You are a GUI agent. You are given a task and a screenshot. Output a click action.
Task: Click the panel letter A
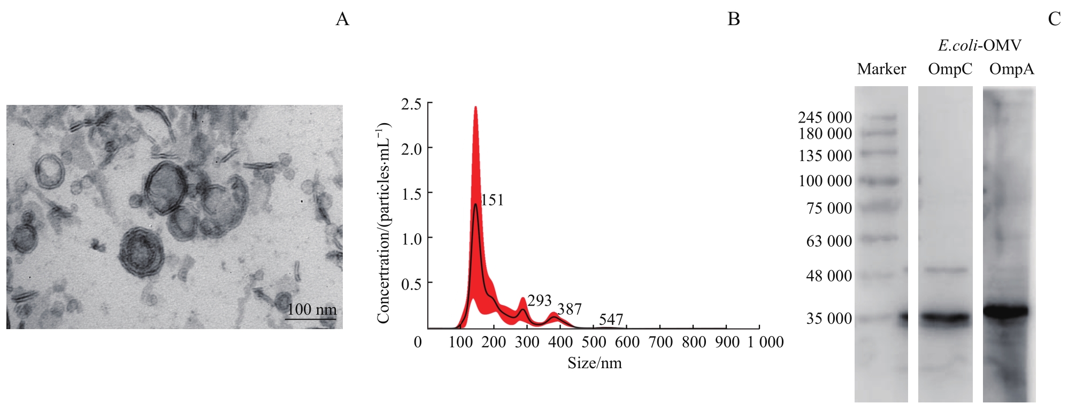pyautogui.click(x=342, y=19)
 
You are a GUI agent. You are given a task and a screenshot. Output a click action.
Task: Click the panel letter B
pyautogui.click(x=734, y=19)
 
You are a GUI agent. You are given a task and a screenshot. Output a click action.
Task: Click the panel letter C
pyautogui.click(x=1054, y=19)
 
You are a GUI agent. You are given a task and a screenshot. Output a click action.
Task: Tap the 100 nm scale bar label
pyautogui.click(x=312, y=309)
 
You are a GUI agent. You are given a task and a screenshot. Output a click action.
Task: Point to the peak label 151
pyautogui.click(x=492, y=200)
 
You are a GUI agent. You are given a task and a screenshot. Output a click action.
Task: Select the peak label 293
pyautogui.click(x=539, y=301)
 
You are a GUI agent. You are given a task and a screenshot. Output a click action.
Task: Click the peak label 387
pyautogui.click(x=569, y=309)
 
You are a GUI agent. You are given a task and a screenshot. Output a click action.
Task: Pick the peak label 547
pyautogui.click(x=611, y=319)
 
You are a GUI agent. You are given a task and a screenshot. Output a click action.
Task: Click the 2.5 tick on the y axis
pyautogui.click(x=411, y=104)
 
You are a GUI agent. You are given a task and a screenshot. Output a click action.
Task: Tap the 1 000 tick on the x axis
pyautogui.click(x=765, y=342)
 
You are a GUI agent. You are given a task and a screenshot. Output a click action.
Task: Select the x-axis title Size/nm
pyautogui.click(x=595, y=363)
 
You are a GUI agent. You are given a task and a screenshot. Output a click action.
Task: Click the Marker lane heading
pyautogui.click(x=881, y=69)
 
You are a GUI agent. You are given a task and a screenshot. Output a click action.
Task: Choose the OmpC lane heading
pyautogui.click(x=950, y=69)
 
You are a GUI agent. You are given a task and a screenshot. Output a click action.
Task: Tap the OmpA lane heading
pyautogui.click(x=1011, y=69)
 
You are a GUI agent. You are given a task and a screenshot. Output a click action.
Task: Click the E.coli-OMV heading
pyautogui.click(x=979, y=45)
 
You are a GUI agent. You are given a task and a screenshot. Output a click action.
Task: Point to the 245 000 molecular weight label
pyautogui.click(x=825, y=117)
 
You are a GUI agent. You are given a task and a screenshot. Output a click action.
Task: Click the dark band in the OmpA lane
pyautogui.click(x=1006, y=311)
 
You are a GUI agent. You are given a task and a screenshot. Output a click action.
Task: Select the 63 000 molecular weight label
pyautogui.click(x=829, y=241)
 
